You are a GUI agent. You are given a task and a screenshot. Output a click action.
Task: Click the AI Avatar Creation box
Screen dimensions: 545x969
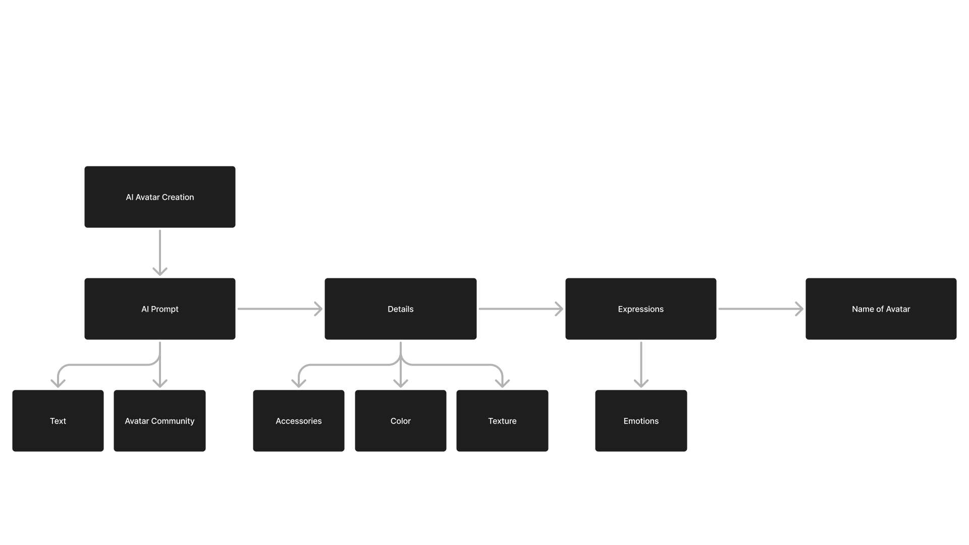[159, 197]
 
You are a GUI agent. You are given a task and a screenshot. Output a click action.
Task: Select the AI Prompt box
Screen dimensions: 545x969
[159, 309]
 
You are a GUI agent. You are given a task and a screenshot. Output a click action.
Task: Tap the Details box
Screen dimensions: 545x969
[400, 309]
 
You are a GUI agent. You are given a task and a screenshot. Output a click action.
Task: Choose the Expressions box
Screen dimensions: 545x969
[640, 309]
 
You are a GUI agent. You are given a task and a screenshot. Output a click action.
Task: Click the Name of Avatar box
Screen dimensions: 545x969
[881, 309]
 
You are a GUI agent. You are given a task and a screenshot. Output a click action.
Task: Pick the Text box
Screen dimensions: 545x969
[58, 421]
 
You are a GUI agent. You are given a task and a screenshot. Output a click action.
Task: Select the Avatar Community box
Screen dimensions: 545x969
[159, 421]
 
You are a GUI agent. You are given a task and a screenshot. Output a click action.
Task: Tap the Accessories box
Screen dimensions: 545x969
[299, 421]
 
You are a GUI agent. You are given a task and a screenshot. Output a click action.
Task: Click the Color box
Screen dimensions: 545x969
[400, 421]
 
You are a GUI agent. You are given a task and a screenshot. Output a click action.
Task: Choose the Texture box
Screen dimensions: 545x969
[502, 421]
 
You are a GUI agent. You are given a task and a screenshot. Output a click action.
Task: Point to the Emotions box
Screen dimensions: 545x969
[641, 421]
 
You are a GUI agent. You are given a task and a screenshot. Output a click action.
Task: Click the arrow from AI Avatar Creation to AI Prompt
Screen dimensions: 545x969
[160, 252]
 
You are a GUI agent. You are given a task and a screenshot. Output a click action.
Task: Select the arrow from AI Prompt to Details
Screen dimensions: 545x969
[280, 309]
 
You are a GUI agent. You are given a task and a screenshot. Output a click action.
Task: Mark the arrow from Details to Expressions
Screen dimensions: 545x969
[520, 309]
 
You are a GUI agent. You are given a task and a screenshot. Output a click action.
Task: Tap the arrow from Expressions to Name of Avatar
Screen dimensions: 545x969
[761, 309]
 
